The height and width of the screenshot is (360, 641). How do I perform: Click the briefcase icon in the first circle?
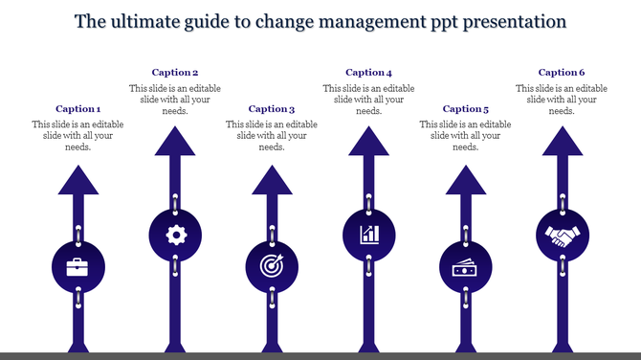78,267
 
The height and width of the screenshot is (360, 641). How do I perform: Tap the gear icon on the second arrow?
175,235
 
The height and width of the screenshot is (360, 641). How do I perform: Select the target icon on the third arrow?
272,267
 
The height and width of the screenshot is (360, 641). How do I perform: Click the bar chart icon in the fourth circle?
368,235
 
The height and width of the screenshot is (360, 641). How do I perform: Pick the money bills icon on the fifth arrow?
465,268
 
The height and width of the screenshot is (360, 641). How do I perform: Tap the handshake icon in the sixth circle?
561,235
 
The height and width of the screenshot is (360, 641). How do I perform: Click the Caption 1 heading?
78,109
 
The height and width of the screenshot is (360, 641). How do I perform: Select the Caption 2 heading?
175,73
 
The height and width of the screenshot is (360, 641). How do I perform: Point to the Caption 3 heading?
272,109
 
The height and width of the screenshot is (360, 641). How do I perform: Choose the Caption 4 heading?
368,73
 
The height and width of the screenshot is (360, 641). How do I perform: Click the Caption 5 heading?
465,109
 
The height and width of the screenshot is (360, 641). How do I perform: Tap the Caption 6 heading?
561,73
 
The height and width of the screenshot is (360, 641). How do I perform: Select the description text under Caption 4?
368,100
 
